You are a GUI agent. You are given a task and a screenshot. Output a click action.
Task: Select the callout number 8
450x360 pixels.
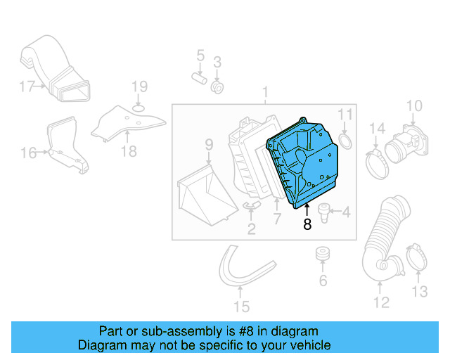307,225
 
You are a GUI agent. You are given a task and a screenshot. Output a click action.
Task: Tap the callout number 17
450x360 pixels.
26,87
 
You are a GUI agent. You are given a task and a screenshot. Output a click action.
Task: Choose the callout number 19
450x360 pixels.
139,87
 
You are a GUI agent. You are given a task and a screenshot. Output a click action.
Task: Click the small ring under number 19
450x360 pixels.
139,106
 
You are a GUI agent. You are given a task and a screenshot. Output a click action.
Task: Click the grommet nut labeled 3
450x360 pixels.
218,87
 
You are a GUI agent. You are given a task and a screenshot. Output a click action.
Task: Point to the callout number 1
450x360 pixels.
266,92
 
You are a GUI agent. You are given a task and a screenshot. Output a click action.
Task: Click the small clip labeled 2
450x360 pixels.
251,205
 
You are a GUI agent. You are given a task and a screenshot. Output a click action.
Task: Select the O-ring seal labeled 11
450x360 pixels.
346,143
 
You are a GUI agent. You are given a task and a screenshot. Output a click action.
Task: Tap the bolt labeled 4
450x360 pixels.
325,212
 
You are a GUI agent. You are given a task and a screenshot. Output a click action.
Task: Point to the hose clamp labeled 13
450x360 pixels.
416,258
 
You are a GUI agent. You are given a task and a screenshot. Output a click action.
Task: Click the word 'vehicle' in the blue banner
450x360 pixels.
308,345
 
